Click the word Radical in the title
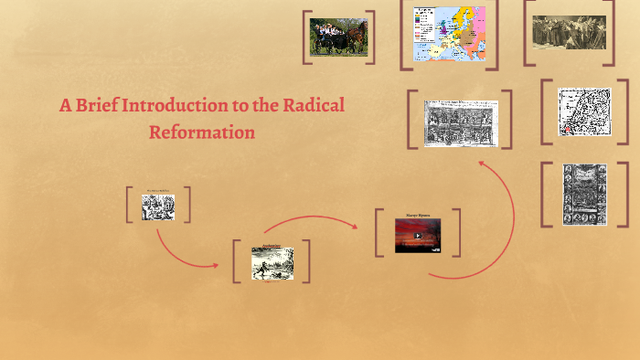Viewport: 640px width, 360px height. pos(313,105)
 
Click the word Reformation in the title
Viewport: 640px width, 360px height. pos(201,132)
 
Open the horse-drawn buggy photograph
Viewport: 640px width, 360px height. pos(338,37)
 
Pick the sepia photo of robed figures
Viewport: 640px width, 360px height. pos(569,32)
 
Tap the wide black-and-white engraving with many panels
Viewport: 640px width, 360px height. pos(460,122)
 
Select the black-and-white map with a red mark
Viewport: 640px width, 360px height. pos(584,111)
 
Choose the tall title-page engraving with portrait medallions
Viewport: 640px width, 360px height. pos(584,193)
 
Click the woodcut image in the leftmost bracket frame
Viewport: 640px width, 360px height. pos(157,207)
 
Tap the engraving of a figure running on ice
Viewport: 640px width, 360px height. pos(272,263)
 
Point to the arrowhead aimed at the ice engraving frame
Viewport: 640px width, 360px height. pos(216,265)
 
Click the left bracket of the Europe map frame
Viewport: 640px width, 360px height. pos(403,36)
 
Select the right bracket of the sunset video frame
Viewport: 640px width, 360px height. pos(456,232)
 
